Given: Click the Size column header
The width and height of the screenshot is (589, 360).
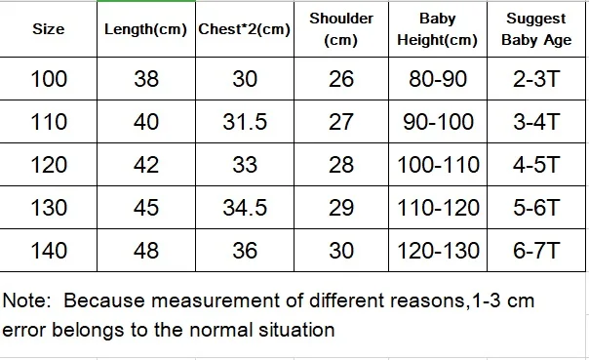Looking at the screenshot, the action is point(49,29).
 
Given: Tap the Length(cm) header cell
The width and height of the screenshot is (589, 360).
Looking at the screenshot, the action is point(145,29).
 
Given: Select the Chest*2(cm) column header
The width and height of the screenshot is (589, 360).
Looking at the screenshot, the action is point(244,29).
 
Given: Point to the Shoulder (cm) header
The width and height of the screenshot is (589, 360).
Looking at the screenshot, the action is point(341,29).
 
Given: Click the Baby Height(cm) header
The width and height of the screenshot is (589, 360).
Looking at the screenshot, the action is point(438,29).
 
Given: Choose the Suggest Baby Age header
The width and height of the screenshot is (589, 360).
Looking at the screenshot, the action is point(536,29).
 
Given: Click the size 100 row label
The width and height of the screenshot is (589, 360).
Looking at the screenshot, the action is point(49,79).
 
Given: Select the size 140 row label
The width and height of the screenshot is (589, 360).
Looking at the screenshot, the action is point(49,251).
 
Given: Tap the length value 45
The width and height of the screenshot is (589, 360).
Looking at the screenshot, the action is point(146,208).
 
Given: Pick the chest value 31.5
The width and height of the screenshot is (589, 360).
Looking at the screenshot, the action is point(245,122).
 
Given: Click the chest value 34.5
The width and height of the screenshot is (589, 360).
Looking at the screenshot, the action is point(245,208).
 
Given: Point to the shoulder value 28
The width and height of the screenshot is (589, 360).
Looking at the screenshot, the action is point(341,165).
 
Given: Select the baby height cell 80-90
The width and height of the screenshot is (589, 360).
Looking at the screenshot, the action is point(438,79).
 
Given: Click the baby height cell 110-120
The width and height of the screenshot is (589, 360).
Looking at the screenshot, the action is point(438,208).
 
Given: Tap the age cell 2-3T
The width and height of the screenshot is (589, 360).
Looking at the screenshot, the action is point(536,79).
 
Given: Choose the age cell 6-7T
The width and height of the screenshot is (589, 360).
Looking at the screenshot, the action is point(536,251).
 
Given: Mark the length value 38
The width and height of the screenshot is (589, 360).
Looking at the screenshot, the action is point(146,79).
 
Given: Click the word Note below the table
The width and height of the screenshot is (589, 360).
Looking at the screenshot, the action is point(26,300).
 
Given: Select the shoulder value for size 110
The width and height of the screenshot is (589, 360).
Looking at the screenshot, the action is point(341,122).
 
